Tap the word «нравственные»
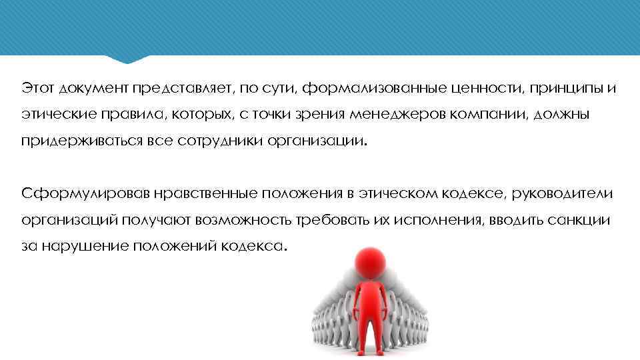(207, 193)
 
